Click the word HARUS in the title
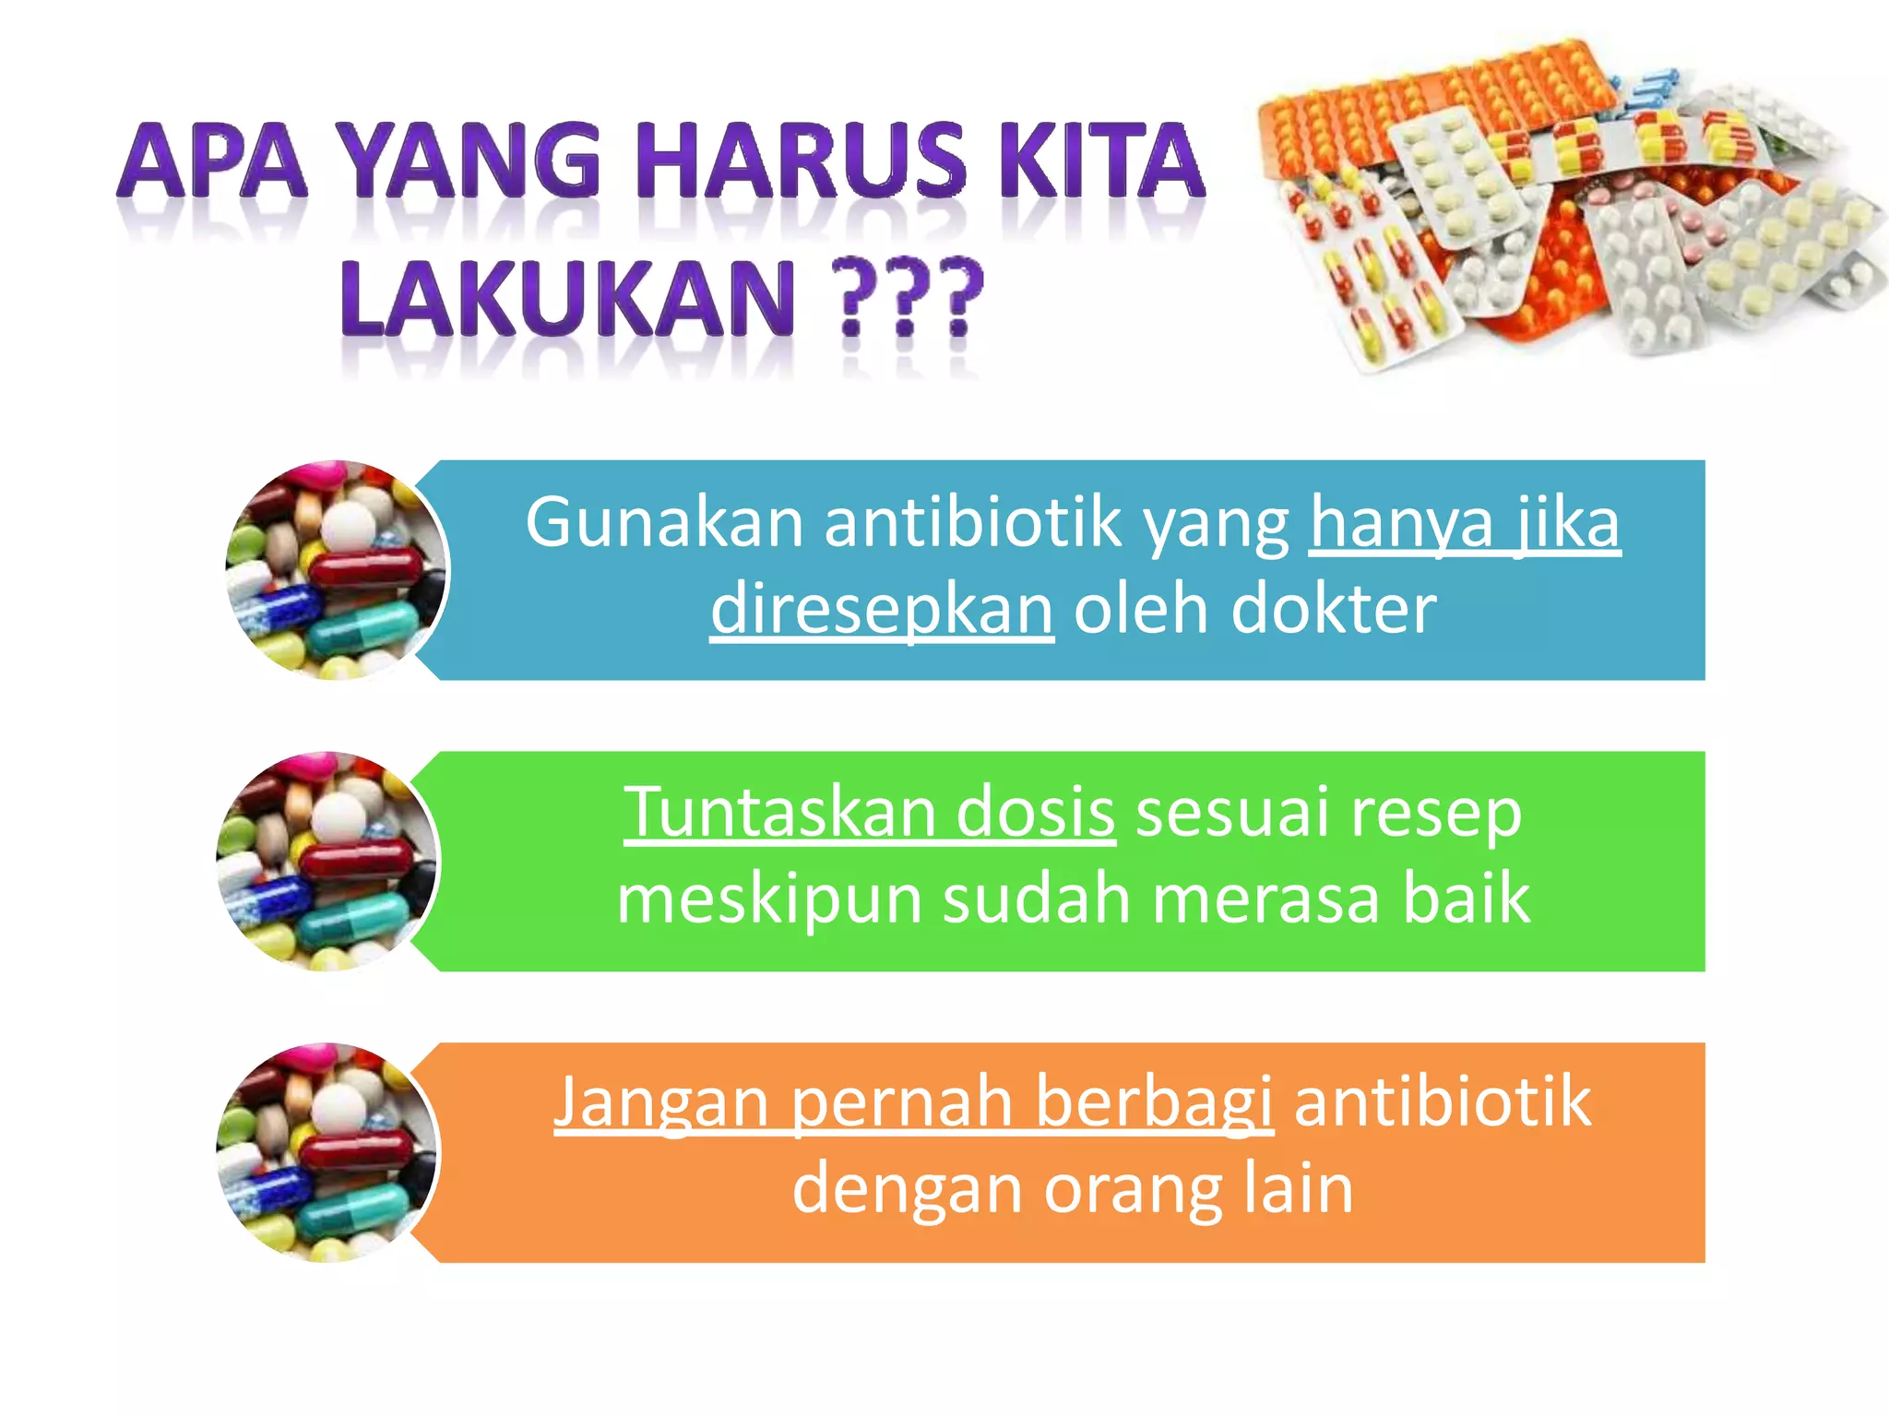click(801, 163)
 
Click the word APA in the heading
click(212, 163)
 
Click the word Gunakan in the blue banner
click(664, 523)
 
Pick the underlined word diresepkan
click(882, 610)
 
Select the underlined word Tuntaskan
click(780, 813)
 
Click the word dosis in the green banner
click(1035, 813)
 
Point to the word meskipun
click(769, 899)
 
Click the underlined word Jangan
click(660, 1102)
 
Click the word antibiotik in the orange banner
click(1443, 1102)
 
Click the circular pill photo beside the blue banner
click(337, 570)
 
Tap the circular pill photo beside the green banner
click(327, 862)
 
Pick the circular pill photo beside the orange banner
click(327, 1152)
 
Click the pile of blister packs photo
click(1568, 208)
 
